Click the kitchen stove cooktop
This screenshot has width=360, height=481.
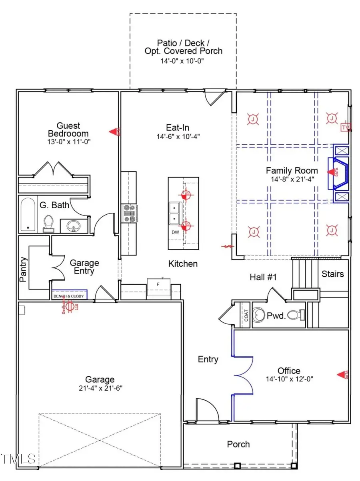pyautogui.click(x=130, y=214)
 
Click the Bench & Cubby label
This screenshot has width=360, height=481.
pyautogui.click(x=69, y=296)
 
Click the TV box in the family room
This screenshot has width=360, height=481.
pyautogui.click(x=345, y=128)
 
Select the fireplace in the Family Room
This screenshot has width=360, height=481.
pyautogui.click(x=338, y=172)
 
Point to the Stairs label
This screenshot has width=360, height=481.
pyautogui.click(x=333, y=274)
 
